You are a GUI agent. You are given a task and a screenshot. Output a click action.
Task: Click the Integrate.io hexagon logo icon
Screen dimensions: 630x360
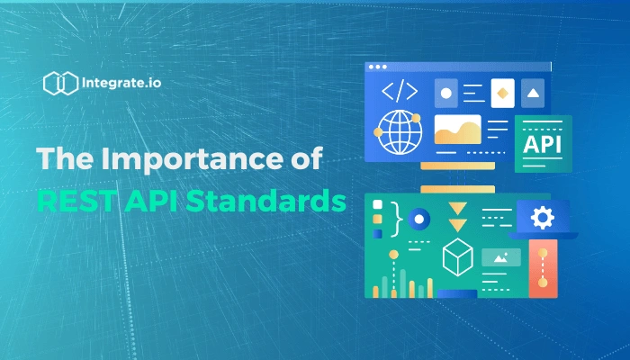[x=60, y=83]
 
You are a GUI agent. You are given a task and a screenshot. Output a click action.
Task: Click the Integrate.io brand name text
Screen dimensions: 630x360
[x=121, y=83]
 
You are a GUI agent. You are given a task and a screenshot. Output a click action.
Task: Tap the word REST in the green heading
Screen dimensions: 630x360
[x=76, y=201]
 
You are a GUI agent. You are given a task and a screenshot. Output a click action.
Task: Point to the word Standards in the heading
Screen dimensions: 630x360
[x=265, y=201]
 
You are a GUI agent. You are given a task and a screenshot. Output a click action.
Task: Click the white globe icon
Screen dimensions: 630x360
[x=400, y=131]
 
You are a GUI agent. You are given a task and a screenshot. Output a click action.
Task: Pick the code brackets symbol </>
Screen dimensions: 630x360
[x=400, y=92]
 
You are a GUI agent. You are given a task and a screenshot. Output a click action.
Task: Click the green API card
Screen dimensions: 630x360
[x=544, y=144]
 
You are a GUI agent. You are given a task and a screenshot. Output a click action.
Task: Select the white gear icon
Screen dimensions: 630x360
[x=543, y=218]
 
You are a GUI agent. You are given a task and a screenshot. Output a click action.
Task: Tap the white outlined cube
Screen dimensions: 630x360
[x=457, y=257]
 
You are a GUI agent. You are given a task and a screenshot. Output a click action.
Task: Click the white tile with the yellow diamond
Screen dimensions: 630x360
[x=502, y=94]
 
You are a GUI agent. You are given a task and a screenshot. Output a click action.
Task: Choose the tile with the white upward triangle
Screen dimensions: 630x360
[x=533, y=94]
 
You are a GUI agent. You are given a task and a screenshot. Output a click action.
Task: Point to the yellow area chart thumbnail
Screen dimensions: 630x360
[x=457, y=130]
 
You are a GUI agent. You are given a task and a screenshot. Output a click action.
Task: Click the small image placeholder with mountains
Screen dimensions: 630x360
[x=501, y=257]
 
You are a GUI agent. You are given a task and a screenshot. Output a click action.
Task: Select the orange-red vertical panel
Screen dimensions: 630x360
[x=543, y=268]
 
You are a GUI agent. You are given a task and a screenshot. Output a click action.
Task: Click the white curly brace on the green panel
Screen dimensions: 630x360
[x=397, y=220]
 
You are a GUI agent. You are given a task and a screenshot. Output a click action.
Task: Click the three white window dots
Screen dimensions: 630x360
[x=378, y=67]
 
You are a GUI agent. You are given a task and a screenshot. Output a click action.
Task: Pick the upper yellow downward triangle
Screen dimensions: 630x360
[x=457, y=208]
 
